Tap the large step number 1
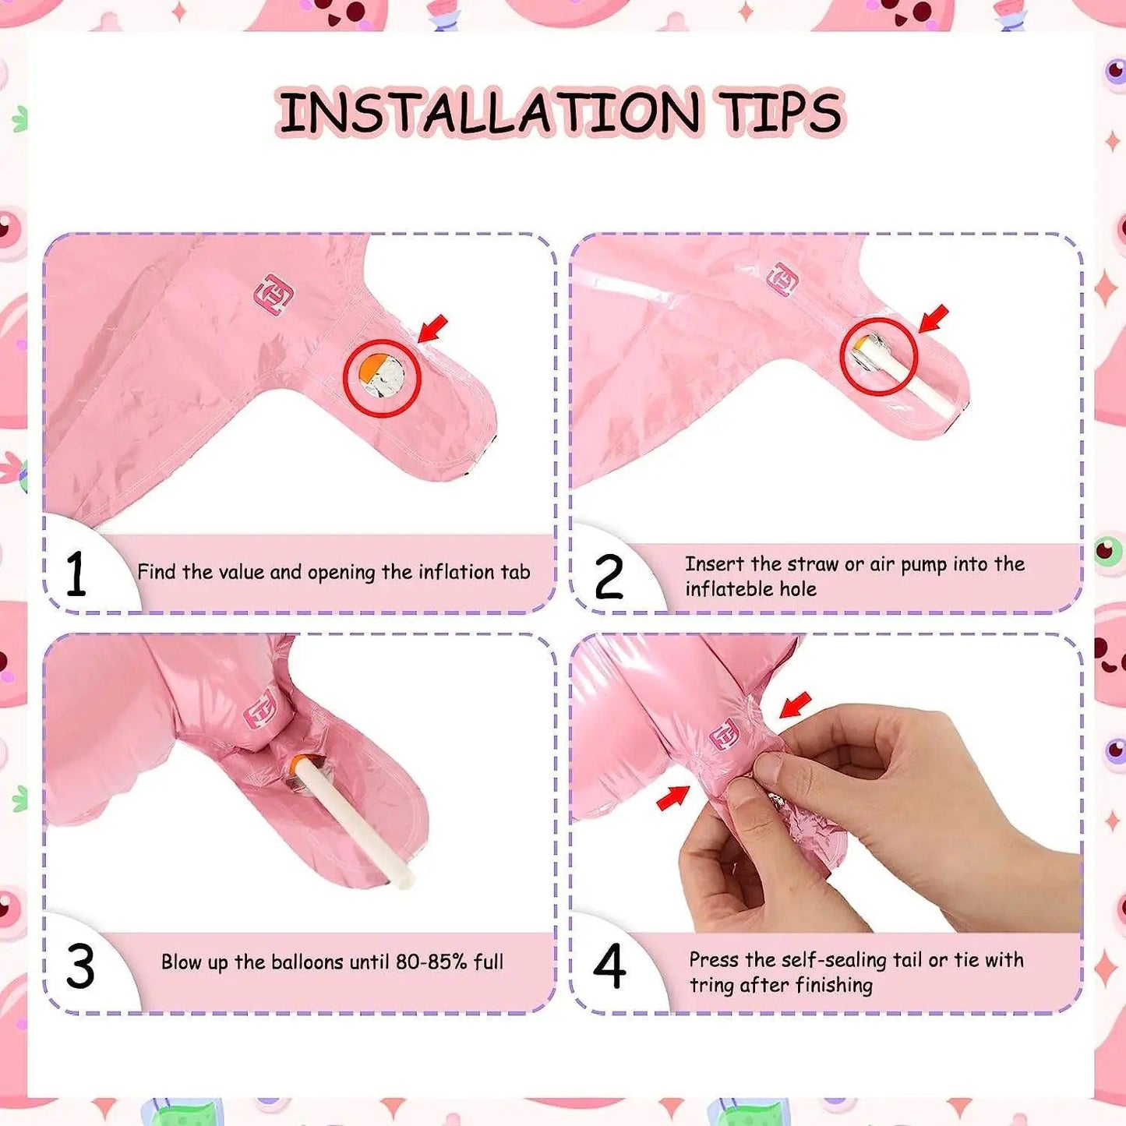(76, 574)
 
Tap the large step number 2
(609, 577)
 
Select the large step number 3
(80, 967)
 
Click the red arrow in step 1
(433, 328)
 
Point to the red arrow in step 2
(934, 319)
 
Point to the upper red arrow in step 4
(796, 705)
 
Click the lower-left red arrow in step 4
(672, 798)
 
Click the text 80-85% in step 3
(432, 962)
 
